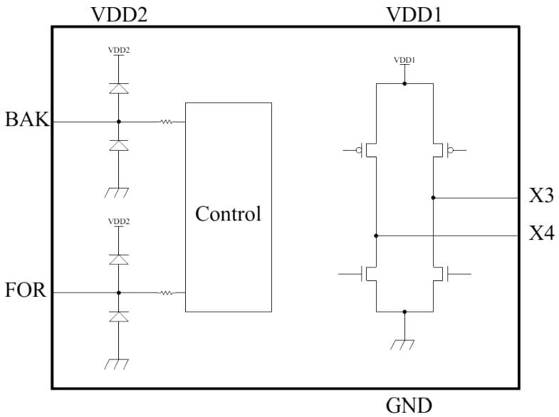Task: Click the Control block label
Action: pos(228,213)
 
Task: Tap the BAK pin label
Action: pos(28,120)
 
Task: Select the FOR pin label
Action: pos(26,290)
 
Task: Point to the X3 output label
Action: pos(540,196)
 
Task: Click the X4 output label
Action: pos(540,233)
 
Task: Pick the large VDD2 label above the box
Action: pos(119,14)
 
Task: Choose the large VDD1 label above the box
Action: pos(413,14)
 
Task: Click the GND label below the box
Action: pos(409,406)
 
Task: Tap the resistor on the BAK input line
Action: pos(166,122)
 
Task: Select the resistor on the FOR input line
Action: pos(166,292)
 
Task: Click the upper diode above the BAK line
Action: pos(118,88)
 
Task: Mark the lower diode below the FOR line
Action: pos(118,316)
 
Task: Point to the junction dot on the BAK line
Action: pos(118,122)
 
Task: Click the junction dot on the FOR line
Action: pos(118,292)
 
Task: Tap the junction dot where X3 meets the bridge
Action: pos(433,198)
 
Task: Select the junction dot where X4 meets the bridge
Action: pos(376,235)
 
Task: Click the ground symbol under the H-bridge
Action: pos(403,344)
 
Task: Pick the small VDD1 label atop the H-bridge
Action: pos(404,60)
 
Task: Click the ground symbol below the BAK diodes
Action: pos(116,191)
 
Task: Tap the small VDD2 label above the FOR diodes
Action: pos(118,221)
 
